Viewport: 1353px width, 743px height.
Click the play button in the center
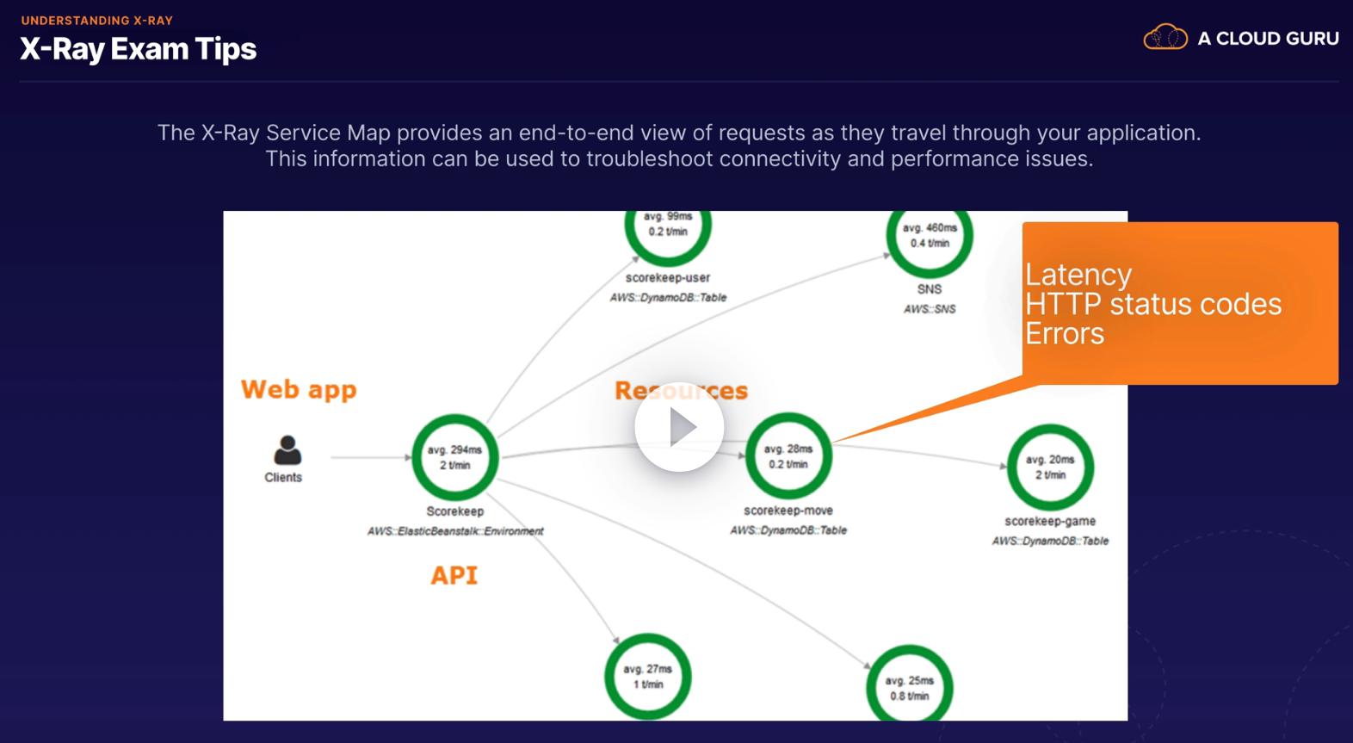coord(679,427)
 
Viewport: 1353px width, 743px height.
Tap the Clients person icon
coord(287,449)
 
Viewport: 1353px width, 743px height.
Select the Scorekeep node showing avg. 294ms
coord(454,457)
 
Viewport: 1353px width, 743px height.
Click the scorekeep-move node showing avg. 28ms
coord(788,456)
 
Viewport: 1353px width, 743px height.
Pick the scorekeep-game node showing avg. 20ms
coord(1050,467)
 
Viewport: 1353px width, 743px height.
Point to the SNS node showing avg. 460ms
coord(930,236)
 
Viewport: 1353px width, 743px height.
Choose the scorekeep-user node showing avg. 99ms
coord(668,226)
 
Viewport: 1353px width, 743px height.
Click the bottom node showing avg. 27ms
coord(647,677)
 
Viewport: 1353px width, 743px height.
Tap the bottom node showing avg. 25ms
coord(910,687)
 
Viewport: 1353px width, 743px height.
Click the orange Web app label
coord(298,389)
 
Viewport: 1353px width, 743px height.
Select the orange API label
coord(454,575)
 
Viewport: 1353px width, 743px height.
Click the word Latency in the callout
coord(1078,275)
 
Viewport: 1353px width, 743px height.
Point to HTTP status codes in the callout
coord(1152,304)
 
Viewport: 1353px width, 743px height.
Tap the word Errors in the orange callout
coord(1064,333)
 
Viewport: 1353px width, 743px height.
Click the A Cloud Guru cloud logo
coord(1165,38)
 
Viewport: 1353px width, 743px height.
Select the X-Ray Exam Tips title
coord(138,49)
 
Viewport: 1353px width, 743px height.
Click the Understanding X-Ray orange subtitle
coord(96,20)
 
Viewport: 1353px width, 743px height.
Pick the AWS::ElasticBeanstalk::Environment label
coord(454,531)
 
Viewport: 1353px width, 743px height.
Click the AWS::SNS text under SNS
coord(929,309)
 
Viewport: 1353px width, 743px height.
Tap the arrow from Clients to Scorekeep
coord(370,457)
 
